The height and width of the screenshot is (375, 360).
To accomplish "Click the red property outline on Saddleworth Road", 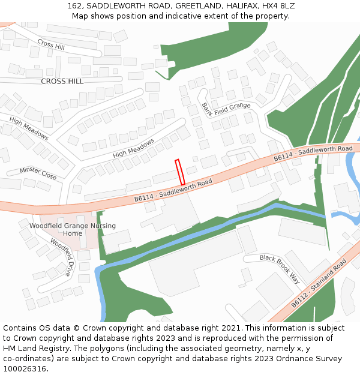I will click(179, 172).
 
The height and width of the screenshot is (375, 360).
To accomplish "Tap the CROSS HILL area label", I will click(62, 81).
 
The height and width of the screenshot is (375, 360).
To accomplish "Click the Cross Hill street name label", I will click(51, 44).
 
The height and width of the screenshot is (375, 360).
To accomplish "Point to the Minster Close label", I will click(38, 173).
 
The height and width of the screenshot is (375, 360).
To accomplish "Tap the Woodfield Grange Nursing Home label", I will click(73, 229).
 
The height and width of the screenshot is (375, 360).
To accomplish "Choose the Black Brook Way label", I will click(279, 268).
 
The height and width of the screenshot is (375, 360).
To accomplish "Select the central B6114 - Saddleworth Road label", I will click(173, 190).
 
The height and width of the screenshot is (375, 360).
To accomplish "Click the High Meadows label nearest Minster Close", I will click(29, 128).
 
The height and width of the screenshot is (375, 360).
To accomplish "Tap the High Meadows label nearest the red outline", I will click(133, 148).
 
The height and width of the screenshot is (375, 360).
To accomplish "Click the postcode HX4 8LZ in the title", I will click(278, 5).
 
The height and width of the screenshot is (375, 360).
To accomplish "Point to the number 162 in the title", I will click(74, 5).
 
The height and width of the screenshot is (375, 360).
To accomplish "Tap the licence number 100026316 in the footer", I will click(25, 368).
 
